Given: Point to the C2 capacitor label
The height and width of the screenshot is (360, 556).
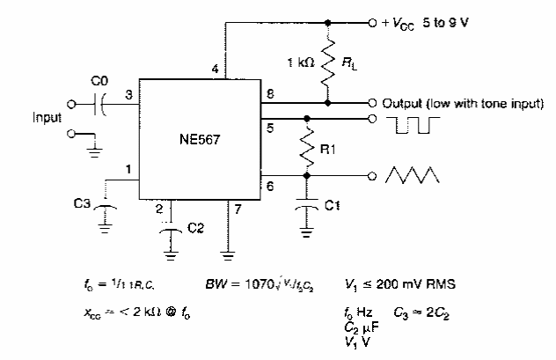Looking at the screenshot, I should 196,227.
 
